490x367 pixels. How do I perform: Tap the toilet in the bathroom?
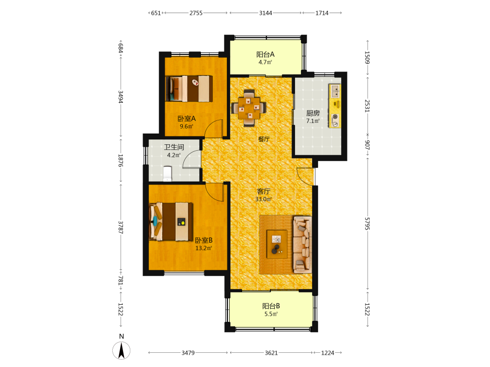pos(168,174)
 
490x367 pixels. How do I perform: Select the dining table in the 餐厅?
pos(249,108)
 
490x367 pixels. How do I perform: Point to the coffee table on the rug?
pos(277,244)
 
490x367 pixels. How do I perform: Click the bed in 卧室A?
pos(189,89)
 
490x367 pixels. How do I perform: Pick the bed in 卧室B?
pos(171,222)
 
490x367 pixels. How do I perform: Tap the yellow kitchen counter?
pos(335,106)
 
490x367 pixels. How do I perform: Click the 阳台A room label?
pos(265,55)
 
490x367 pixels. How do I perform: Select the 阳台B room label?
pos(271,306)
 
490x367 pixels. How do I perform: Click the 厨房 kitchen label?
pos(313,114)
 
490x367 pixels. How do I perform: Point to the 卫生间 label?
pos(174,147)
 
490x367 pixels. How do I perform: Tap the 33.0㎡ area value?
pos(264,199)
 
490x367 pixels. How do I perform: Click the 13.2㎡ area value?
pos(204,249)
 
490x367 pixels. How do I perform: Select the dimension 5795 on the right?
pos(367,224)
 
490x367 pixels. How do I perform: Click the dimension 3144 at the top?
pos(266,13)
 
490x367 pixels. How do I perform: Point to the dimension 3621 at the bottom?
pos(271,353)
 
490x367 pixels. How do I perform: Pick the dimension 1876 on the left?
pos(121,161)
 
